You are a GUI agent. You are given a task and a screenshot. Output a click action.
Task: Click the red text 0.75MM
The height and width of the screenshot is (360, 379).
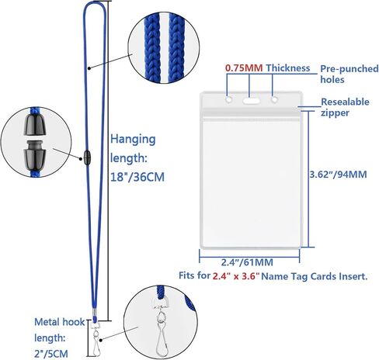pyautogui.click(x=244, y=68)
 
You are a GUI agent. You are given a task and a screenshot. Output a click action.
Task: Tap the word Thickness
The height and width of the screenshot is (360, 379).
pyautogui.click(x=288, y=68)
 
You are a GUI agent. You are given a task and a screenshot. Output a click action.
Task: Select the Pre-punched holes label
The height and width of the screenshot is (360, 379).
pyautogui.click(x=349, y=74)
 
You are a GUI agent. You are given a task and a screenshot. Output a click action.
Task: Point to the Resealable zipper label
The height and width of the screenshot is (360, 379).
pyautogui.click(x=345, y=107)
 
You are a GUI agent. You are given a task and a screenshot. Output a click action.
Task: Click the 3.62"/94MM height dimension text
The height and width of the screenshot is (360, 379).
pyautogui.click(x=339, y=175)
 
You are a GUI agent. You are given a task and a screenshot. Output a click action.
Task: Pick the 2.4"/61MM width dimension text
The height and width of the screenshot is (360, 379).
pyautogui.click(x=247, y=262)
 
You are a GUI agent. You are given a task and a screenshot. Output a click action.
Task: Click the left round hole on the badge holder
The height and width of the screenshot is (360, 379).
pyautogui.click(x=229, y=99)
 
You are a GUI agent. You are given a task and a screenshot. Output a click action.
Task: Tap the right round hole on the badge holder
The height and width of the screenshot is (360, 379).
pyautogui.click(x=274, y=99)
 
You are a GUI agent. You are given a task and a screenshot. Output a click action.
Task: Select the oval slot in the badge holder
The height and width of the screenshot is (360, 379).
pyautogui.click(x=251, y=100)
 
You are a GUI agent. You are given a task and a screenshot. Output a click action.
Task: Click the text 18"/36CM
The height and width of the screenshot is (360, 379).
pyautogui.click(x=137, y=177)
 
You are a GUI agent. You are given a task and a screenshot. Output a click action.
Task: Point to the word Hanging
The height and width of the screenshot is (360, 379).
pyautogui.click(x=133, y=140)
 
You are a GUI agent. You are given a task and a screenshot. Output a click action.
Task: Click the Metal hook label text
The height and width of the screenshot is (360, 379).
pyautogui.click(x=59, y=322)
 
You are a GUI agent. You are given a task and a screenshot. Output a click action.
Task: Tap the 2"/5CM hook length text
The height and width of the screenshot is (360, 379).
pyautogui.click(x=51, y=354)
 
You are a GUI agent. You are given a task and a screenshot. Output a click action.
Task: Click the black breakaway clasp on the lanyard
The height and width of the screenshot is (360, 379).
pyautogui.click(x=87, y=157)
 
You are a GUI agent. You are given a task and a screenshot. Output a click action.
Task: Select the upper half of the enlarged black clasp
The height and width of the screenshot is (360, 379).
pyautogui.click(x=36, y=125)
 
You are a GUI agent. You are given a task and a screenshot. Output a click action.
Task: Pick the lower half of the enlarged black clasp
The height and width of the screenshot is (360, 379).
pyautogui.click(x=35, y=155)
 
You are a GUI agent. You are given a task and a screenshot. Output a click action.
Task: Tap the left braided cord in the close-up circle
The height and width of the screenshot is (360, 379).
pyautogui.click(x=152, y=47)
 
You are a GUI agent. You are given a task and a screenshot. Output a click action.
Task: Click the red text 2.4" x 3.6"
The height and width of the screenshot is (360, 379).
pyautogui.click(x=236, y=276)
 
